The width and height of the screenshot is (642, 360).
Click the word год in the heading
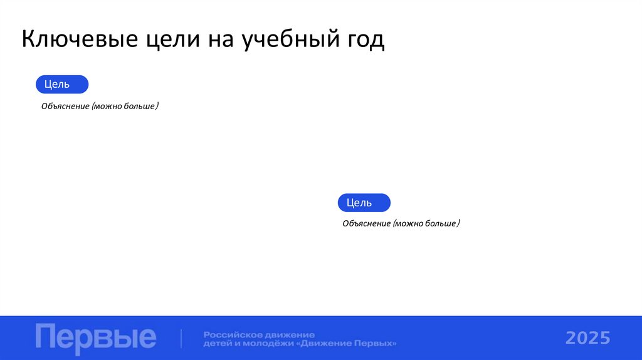pos(362,40)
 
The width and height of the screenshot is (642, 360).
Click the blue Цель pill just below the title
pos(62,84)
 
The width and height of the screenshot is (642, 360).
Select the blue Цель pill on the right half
pos(364,203)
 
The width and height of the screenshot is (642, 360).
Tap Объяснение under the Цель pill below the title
pos(65,107)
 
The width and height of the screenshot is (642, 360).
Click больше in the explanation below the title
pos(140,107)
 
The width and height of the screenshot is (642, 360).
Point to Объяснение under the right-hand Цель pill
pos(366,223)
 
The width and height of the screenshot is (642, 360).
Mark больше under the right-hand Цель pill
pos(441,223)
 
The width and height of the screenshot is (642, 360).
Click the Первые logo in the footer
pos(95,338)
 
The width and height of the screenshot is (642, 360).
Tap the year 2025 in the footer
pos(587,339)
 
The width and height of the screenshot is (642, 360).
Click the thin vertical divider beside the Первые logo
pos(181,338)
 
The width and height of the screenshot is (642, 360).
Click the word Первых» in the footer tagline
pos(378,344)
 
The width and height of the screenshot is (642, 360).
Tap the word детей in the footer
pos(216,344)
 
